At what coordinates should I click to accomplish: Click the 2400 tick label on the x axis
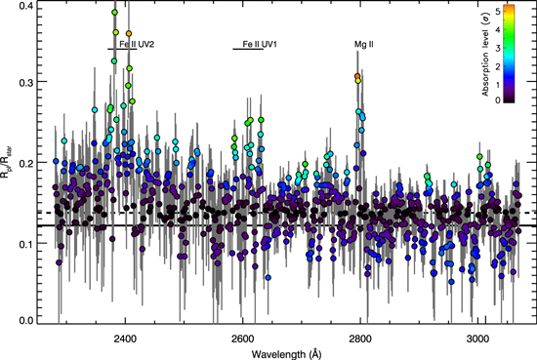(124, 337)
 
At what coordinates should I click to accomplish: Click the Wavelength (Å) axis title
(289, 352)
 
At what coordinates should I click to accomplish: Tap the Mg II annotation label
(363, 44)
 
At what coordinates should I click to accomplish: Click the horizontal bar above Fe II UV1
(249, 49)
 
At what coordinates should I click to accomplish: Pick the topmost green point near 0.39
(115, 14)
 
